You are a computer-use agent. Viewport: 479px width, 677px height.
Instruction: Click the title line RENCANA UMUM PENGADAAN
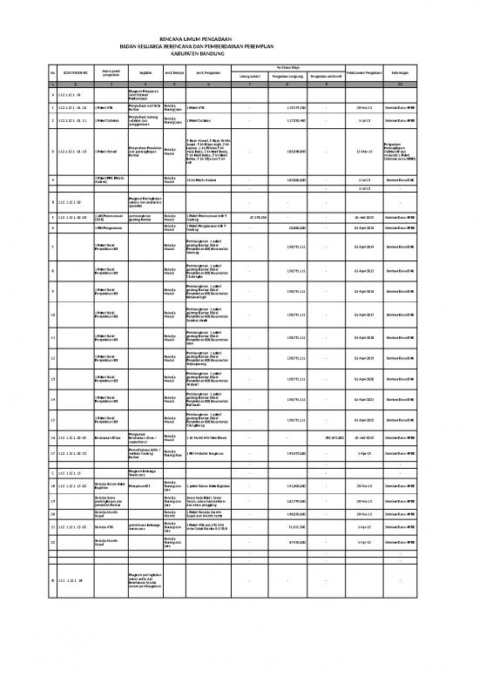[x=239, y=40]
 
